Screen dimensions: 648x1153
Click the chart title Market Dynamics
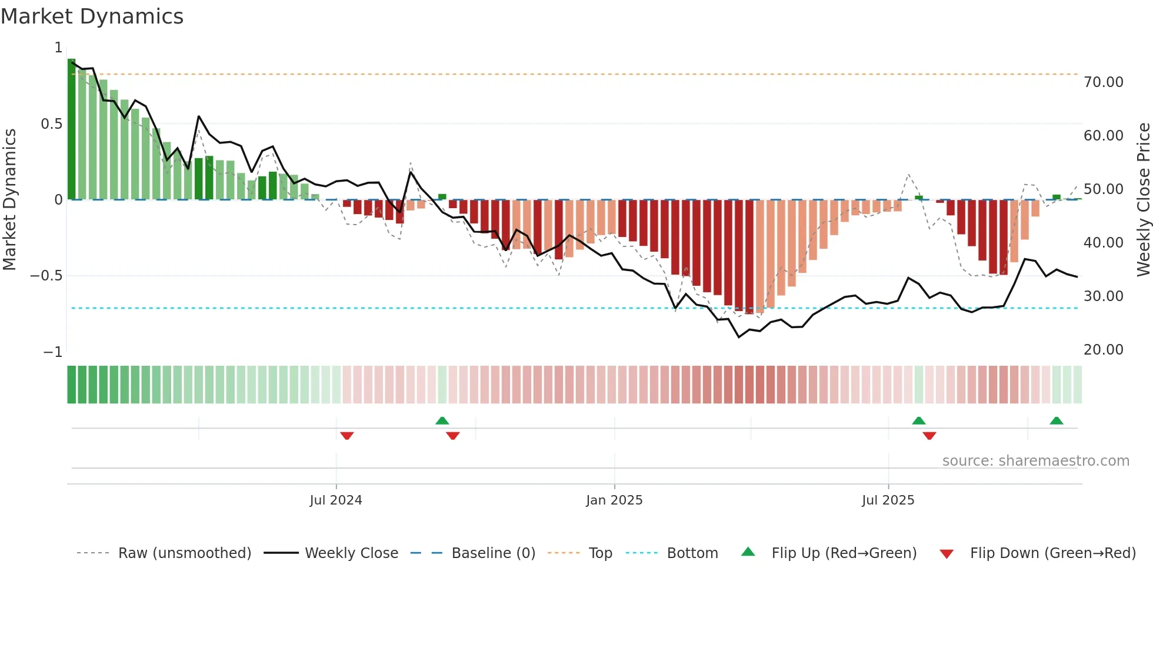[92, 16]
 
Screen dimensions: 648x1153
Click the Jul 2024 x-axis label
[336, 500]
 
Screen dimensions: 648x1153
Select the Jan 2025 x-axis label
[614, 500]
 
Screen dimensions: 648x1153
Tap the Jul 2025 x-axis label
[888, 500]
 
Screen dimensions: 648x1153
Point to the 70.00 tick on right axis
[1103, 82]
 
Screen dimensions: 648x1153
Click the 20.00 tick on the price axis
[1103, 350]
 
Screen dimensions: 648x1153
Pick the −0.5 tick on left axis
[46, 276]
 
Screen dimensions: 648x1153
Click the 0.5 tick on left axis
[51, 124]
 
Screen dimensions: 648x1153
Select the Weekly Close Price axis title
[1143, 199]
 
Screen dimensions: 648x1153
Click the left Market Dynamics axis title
[9, 199]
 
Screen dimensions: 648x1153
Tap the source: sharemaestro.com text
[1035, 461]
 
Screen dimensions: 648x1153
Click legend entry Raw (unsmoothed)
[184, 553]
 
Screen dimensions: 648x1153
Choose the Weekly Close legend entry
[351, 553]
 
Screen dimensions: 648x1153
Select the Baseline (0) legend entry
[493, 553]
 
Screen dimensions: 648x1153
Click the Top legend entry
[600, 553]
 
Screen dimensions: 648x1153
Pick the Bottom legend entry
[692, 553]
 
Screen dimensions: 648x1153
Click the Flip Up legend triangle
[748, 552]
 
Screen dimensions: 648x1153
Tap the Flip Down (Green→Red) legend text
[1052, 553]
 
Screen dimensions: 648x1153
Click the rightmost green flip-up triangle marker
[1056, 420]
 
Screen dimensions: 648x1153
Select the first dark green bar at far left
[71, 129]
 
